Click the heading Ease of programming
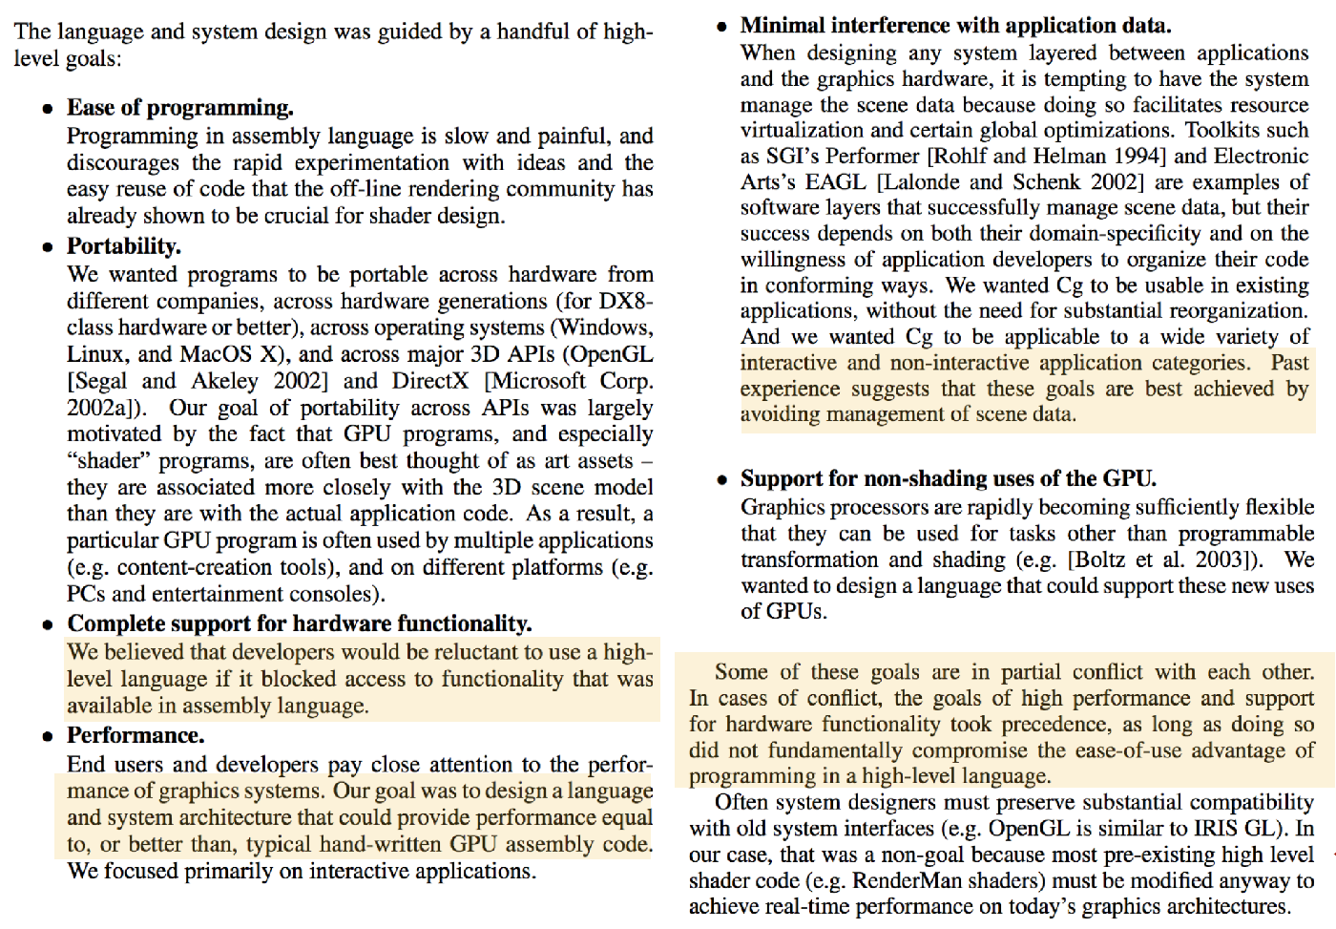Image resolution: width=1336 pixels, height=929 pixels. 179,108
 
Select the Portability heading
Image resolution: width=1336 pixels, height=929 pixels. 123,246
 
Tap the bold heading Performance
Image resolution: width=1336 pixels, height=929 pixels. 136,735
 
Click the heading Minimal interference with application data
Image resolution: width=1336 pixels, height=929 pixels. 955,26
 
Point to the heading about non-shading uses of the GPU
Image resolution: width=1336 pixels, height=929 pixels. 948,478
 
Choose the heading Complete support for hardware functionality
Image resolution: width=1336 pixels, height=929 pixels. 299,623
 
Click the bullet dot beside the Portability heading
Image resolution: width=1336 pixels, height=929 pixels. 48,247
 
